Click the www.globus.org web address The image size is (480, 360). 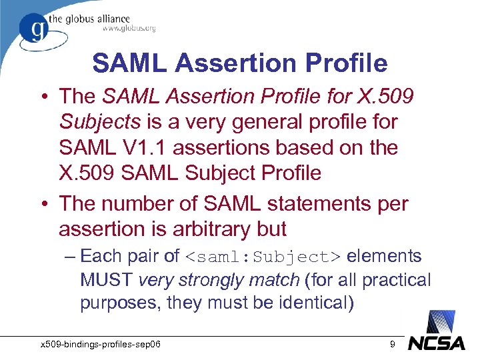(x=129, y=28)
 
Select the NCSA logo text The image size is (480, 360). (x=437, y=343)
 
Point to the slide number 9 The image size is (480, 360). (x=393, y=344)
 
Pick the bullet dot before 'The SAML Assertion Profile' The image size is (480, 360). (x=45, y=97)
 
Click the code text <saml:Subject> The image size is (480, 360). (x=263, y=257)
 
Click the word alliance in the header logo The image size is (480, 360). (x=108, y=19)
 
